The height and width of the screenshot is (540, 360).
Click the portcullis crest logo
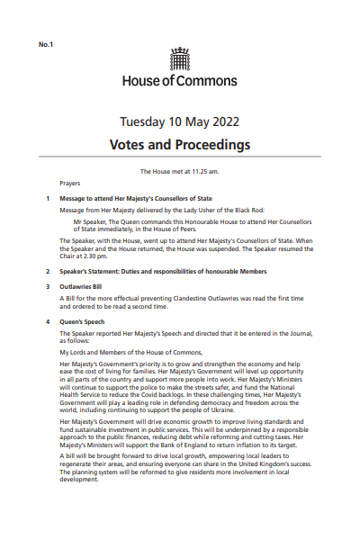(x=180, y=58)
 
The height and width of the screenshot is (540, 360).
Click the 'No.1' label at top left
(x=46, y=44)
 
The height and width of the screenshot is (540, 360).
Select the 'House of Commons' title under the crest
(x=180, y=79)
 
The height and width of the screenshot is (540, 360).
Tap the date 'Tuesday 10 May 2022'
(x=180, y=122)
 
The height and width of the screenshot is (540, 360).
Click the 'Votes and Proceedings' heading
(x=180, y=144)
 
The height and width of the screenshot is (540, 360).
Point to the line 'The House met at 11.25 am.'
(x=180, y=171)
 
